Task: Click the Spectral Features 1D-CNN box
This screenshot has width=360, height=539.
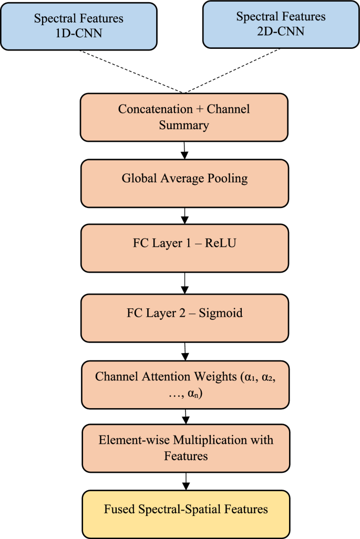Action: (79, 25)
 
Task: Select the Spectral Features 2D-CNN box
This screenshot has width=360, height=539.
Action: (281, 24)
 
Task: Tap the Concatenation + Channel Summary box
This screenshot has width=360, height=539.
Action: (184, 117)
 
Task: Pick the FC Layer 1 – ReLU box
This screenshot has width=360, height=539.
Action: (184, 247)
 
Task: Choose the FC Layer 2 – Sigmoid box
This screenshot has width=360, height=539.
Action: (184, 317)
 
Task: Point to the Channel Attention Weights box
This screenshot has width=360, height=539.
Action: (184, 385)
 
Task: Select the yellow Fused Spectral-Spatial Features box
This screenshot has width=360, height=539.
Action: (186, 509)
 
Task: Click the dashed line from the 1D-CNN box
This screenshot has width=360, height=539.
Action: (131, 71)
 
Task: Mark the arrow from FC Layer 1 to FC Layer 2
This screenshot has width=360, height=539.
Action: (184, 284)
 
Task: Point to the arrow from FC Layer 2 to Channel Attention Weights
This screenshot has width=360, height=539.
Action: (184, 351)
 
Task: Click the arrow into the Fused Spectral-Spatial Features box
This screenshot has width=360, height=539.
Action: (186, 480)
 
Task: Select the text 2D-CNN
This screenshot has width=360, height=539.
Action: (281, 31)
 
